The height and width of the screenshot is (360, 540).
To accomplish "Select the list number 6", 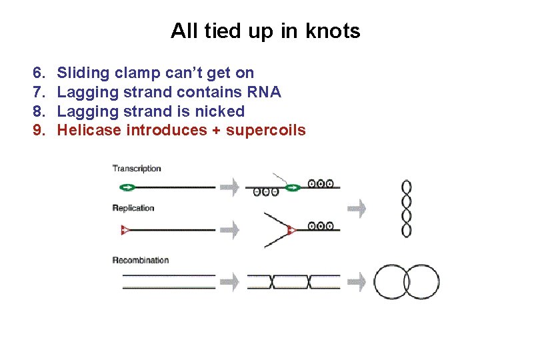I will point(38,72).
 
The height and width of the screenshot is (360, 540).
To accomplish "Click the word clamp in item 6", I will point(137,73).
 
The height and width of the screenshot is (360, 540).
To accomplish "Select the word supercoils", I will point(266,131).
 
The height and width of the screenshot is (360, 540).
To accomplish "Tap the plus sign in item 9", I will point(215,131).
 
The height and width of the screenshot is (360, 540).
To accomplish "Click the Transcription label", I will point(137,169).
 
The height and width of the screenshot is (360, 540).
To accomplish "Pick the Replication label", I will point(133,208).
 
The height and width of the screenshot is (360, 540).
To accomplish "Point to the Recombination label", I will point(141,260).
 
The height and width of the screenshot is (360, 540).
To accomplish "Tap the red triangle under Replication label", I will point(124,230).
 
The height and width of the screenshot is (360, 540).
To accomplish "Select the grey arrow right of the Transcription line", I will point(229,187).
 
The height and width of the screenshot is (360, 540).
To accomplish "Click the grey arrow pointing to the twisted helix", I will point(357,209).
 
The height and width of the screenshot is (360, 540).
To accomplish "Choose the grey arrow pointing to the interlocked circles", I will point(357,282).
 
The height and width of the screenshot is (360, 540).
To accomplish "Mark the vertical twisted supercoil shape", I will point(406,208).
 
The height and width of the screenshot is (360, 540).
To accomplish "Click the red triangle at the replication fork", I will point(291,231).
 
